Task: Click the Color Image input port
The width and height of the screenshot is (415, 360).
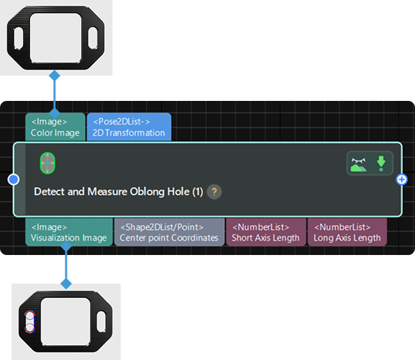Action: pos(55,127)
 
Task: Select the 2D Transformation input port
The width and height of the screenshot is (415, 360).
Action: pos(129,127)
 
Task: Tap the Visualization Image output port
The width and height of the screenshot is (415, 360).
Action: pos(68,232)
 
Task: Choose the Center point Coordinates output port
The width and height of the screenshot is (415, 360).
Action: pos(168,232)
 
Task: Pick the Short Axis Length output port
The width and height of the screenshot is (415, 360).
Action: pos(266,232)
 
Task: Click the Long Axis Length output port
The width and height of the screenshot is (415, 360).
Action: pos(347,232)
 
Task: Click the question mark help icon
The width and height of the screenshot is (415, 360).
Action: pos(214,192)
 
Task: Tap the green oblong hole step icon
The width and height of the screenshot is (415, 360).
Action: pos(47,163)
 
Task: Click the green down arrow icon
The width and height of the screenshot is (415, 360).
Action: pos(381,164)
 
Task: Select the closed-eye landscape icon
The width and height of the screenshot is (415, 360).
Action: pos(359,164)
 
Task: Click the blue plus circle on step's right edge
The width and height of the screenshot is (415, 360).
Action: pos(402,180)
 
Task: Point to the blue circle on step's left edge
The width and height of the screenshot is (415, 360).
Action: pos(13,180)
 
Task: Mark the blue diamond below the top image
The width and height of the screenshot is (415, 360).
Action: pos(55,75)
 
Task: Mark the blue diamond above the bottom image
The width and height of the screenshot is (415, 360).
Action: pos(66,282)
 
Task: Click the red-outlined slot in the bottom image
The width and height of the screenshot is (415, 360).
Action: pos(29,320)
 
